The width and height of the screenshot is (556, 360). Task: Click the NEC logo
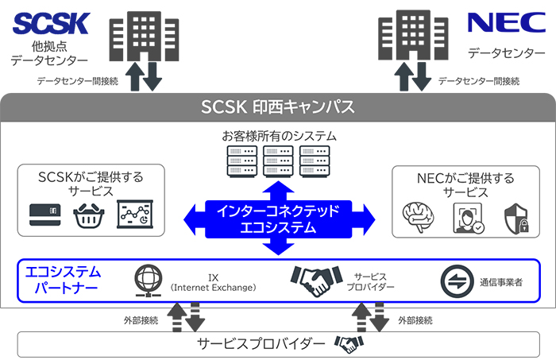point(506,21)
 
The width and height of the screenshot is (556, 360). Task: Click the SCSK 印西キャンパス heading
point(277,106)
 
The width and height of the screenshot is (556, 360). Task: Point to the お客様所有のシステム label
point(278,137)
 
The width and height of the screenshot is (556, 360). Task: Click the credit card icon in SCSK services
point(45,215)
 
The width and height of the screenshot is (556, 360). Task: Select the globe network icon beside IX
point(151,280)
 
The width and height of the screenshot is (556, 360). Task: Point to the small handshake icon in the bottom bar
point(349,344)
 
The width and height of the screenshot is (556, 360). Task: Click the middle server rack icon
point(278,161)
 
